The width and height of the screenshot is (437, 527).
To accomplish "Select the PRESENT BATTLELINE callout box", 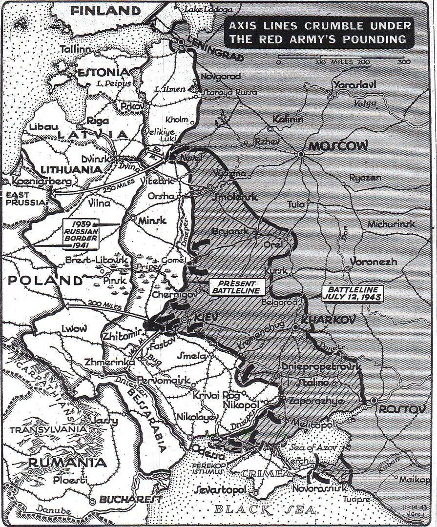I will tap(237, 287).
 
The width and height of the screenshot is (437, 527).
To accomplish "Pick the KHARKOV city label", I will tap(323, 320).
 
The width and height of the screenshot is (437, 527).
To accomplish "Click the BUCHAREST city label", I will tap(131, 500).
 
